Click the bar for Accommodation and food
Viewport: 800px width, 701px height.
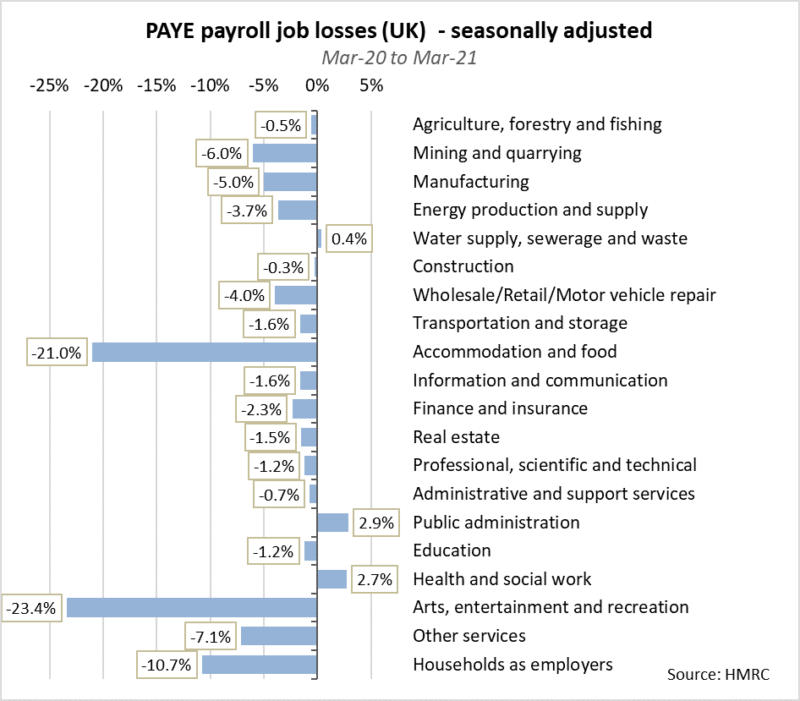(204, 352)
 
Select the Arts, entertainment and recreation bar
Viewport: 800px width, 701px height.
(191, 607)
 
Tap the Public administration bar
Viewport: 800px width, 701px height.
(332, 523)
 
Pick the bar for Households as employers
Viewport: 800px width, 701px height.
(259, 665)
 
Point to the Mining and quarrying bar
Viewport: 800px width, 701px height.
(284, 153)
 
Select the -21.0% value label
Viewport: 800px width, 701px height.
(57, 353)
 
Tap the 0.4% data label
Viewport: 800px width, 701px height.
(349, 238)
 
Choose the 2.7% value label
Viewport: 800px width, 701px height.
(375, 579)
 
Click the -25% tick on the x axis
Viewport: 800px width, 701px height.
(50, 85)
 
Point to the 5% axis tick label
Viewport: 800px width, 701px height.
(370, 85)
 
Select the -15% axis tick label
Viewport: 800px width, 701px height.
(157, 85)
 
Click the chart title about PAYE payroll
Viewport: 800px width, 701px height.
(399, 31)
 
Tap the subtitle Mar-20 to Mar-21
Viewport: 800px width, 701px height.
(399, 58)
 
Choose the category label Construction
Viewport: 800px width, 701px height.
(463, 266)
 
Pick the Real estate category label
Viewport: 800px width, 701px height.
(456, 437)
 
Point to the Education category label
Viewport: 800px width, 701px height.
(452, 550)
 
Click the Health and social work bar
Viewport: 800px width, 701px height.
(332, 579)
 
